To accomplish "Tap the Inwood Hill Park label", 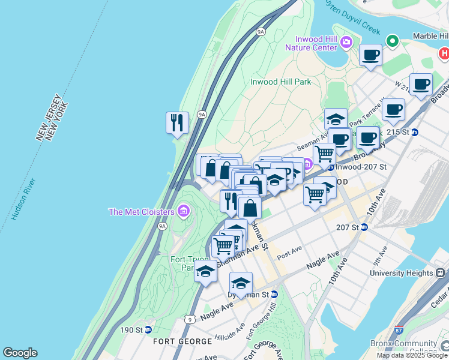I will [280, 82].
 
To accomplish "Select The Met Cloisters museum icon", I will [184, 211].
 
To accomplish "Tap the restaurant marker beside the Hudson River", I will [177, 123].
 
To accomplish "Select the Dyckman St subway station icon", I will [274, 295].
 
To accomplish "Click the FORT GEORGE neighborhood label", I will [182, 341].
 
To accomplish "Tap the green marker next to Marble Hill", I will [393, 41].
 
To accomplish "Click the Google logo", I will [20, 353].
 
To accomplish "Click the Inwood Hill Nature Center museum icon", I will [346, 43].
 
